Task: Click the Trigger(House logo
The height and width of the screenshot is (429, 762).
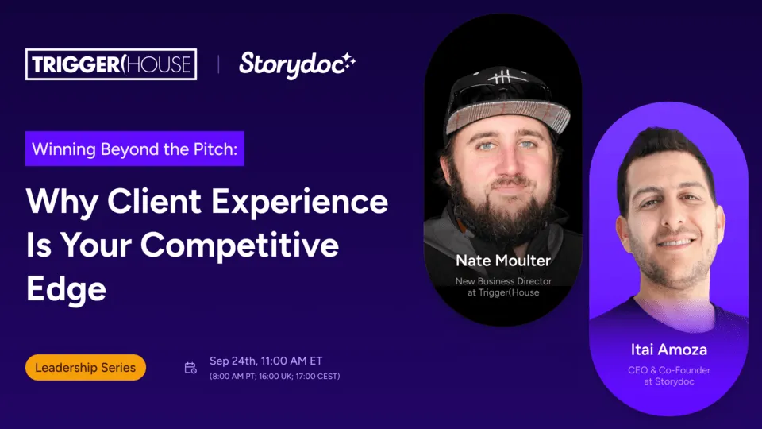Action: (x=111, y=64)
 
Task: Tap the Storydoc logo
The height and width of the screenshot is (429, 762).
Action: (x=297, y=65)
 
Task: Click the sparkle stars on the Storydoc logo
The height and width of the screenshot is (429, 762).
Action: (x=349, y=61)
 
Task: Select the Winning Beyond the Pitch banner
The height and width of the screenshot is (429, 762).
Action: (x=135, y=149)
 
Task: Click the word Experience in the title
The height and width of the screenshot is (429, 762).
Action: (x=300, y=202)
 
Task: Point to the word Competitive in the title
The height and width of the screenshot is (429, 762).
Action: (x=240, y=245)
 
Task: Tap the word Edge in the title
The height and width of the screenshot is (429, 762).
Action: (x=66, y=289)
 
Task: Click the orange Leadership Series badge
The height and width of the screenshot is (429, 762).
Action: (x=86, y=367)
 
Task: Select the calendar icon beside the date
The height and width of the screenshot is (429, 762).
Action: (x=190, y=368)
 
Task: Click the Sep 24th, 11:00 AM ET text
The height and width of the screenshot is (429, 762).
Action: (x=266, y=361)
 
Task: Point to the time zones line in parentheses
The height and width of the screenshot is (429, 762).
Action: (x=275, y=376)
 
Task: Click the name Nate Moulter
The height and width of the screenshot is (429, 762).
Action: (x=503, y=261)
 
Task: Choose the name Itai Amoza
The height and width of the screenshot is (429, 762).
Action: (x=668, y=350)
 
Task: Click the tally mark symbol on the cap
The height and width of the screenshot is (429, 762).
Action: (x=502, y=77)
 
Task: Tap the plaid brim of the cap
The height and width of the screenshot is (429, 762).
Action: (x=508, y=115)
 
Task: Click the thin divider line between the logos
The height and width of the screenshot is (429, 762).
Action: (x=218, y=64)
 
